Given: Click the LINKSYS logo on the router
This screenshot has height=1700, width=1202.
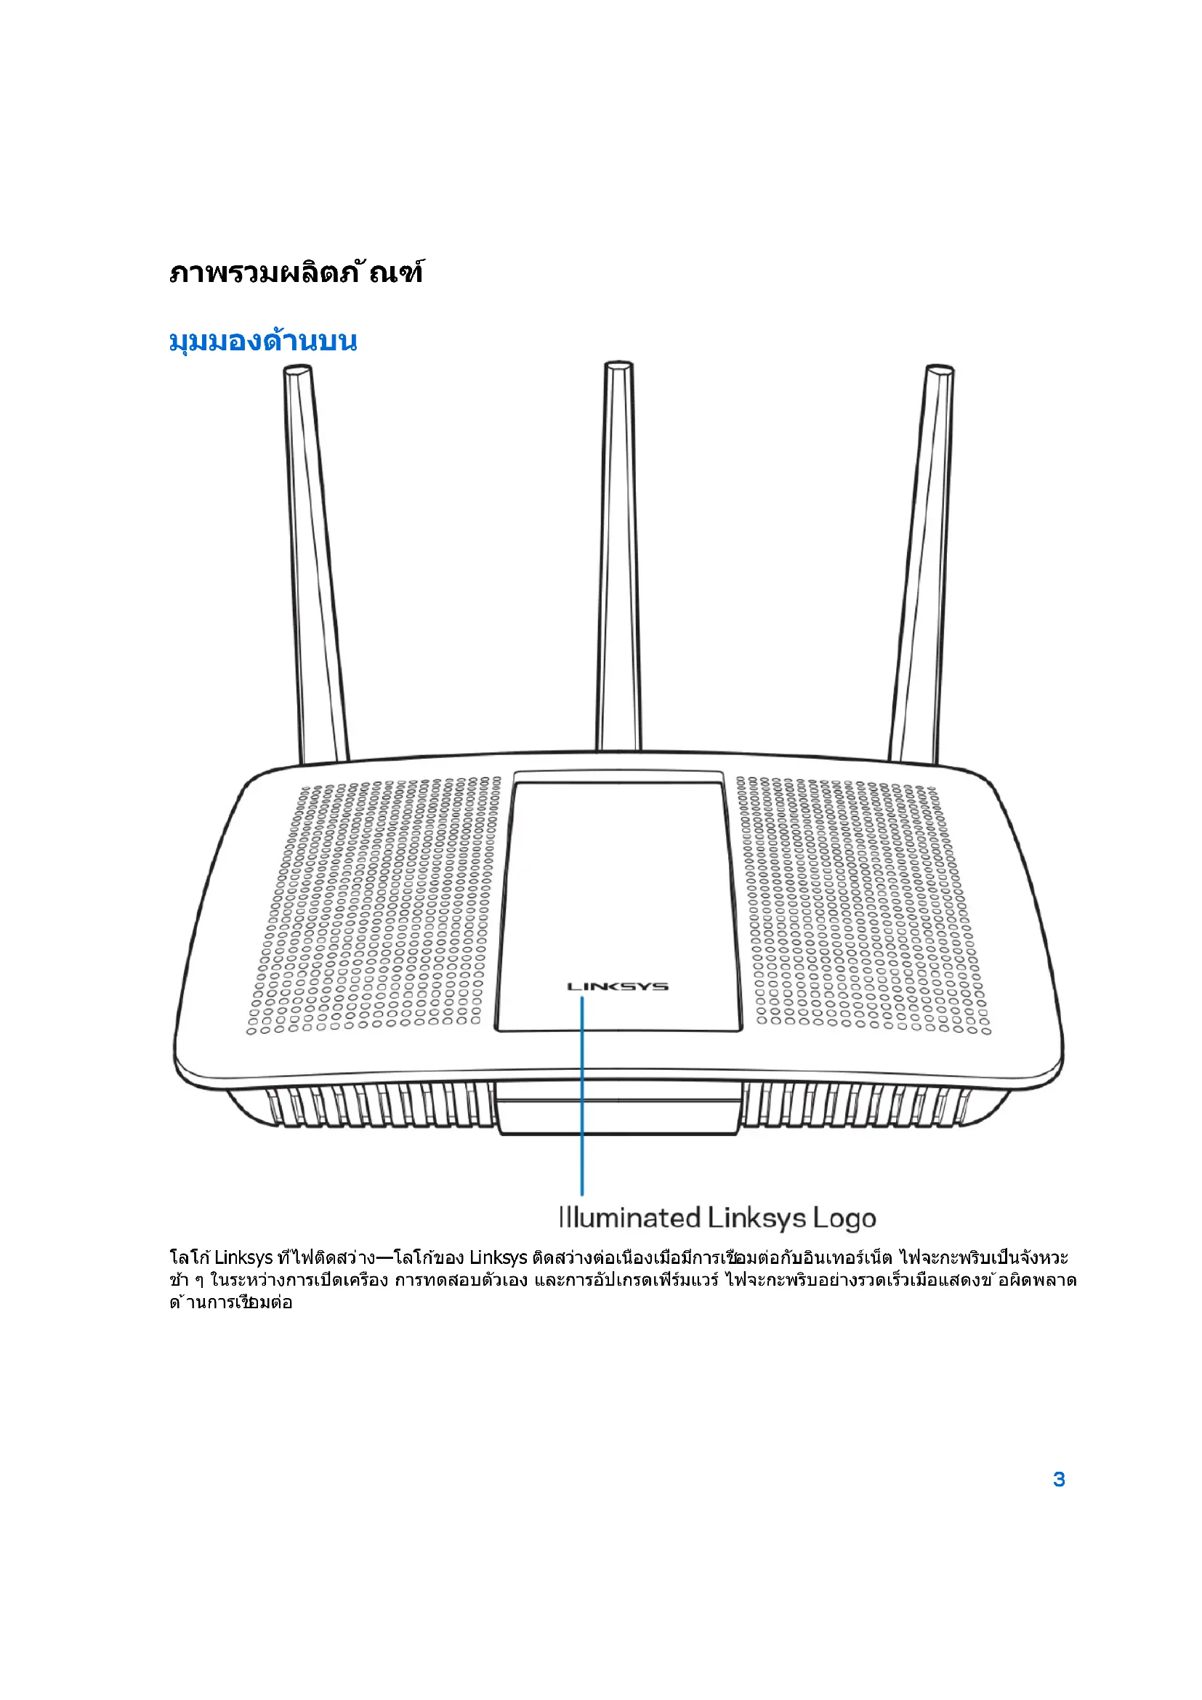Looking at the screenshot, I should tap(617, 986).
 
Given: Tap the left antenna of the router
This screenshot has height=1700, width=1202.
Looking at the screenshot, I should tap(315, 563).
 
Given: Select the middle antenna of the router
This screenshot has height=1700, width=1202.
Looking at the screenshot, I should tap(618, 555).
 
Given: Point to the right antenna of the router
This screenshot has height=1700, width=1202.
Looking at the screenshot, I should tap(921, 563).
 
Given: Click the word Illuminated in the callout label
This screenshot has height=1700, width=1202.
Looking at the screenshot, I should tap(629, 1218).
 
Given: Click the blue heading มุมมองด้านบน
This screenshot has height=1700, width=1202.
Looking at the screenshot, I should tap(263, 342).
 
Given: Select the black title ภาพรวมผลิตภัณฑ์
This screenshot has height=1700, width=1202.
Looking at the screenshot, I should tap(296, 273).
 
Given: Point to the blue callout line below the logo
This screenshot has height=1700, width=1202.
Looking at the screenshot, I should tap(583, 1096).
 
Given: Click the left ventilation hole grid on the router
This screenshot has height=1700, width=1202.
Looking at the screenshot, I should tap(377, 903).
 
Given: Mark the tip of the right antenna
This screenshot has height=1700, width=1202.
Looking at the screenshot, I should tap(939, 369).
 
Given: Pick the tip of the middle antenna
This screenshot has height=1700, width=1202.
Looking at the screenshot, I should tap(618, 366).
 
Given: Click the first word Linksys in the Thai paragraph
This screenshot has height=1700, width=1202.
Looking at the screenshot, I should tap(244, 1258).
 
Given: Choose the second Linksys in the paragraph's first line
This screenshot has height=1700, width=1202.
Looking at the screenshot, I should tap(498, 1258).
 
